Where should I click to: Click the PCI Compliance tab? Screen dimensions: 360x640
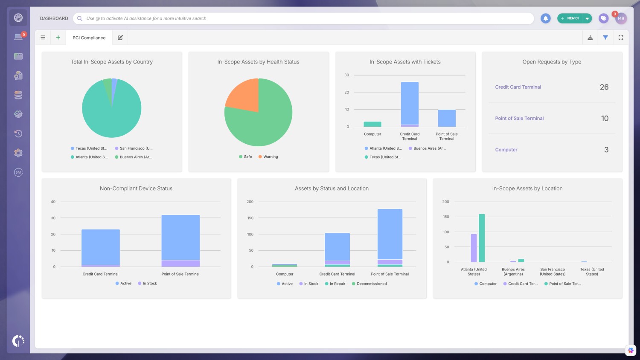(x=89, y=38)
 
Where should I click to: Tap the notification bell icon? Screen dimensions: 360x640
(x=545, y=18)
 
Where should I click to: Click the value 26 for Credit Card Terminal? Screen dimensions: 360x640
(x=604, y=87)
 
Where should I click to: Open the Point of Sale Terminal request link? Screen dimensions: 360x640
(x=519, y=119)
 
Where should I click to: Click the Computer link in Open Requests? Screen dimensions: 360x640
(x=506, y=150)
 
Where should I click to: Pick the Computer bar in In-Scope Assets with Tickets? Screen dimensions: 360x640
(x=372, y=124)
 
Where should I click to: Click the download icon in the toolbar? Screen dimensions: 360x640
(x=590, y=38)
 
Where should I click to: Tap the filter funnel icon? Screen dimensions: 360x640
(x=605, y=38)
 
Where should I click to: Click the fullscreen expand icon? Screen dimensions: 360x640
(x=621, y=38)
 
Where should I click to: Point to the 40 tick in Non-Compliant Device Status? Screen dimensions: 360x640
(x=53, y=202)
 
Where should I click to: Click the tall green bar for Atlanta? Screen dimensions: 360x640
(x=482, y=238)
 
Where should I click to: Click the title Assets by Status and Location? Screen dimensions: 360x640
(x=332, y=189)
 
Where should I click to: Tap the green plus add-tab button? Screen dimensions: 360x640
(x=58, y=38)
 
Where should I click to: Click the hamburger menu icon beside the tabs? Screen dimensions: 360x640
(x=43, y=38)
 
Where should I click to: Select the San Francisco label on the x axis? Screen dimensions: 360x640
(x=553, y=272)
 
